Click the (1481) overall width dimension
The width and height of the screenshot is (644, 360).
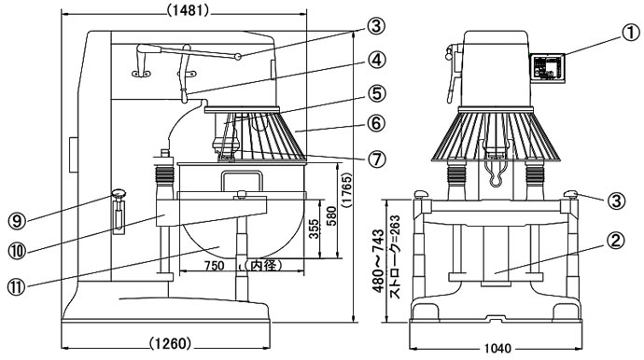188,10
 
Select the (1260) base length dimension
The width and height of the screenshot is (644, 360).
170,343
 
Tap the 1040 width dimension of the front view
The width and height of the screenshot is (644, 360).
497,349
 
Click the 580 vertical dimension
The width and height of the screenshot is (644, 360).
331,216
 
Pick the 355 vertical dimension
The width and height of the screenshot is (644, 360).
314,229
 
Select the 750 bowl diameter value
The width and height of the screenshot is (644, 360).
214,266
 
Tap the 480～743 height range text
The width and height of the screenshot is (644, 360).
378,260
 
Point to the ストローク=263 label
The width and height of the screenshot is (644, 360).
394,257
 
